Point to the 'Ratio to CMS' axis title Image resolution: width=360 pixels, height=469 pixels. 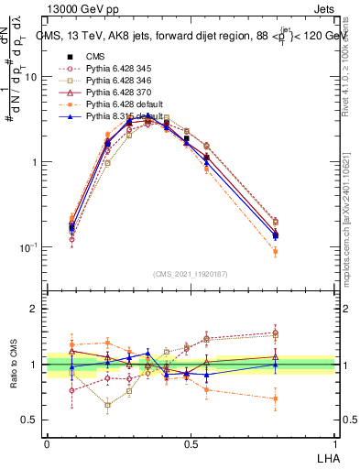click(12, 365)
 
